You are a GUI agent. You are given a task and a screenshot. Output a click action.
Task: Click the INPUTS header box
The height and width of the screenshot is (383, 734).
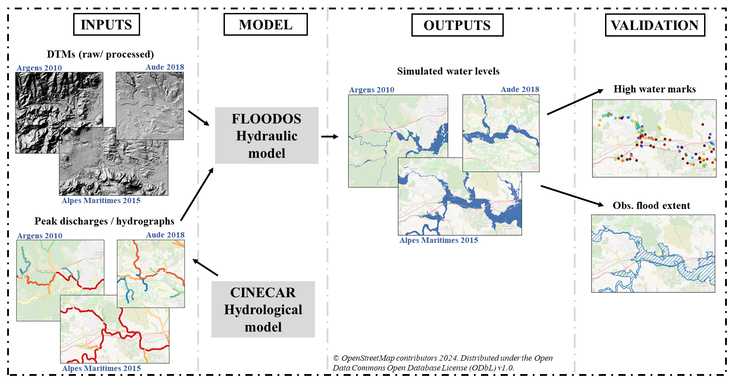pos(106,25)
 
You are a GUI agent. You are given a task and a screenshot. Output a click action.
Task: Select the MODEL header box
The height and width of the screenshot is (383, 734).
pos(265,25)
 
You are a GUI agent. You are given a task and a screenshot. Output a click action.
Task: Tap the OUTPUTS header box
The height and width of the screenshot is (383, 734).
pos(457,25)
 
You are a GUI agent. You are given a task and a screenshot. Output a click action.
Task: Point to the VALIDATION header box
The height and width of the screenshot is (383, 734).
pos(655,25)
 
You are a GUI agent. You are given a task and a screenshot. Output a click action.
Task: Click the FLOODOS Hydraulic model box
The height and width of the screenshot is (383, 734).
pos(266,136)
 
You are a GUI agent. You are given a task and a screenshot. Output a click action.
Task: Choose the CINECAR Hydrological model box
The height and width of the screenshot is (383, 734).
pos(263,309)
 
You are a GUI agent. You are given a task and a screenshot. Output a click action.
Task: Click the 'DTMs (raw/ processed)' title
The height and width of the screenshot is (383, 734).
pos(100,54)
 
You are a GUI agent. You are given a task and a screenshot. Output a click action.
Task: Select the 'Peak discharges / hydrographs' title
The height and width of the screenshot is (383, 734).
pos(104,221)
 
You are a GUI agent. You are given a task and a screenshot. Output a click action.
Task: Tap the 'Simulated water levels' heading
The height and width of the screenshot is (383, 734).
pos(448,71)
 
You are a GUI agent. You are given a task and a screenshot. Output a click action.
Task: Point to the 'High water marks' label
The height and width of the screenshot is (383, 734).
pos(655,89)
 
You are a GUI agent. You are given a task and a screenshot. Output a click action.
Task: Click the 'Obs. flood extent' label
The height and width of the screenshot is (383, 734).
pos(651,205)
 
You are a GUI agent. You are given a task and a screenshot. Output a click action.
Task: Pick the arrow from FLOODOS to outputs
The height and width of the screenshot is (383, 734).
pos(329,137)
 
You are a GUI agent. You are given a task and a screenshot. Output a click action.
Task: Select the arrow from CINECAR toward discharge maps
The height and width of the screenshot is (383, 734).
pos(205,267)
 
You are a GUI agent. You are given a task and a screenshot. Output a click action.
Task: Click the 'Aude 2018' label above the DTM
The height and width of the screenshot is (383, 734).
pos(165,67)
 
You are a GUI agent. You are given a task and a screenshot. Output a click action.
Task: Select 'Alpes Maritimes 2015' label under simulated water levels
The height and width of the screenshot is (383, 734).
pos(439,240)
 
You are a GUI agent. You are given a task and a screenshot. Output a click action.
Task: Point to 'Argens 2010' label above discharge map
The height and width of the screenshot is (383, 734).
pos(40,236)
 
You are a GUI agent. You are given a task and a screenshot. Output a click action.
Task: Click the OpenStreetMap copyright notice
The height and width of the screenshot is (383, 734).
pos(443,363)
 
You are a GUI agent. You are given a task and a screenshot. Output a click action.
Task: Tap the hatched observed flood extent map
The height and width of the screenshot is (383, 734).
pos(653,254)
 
